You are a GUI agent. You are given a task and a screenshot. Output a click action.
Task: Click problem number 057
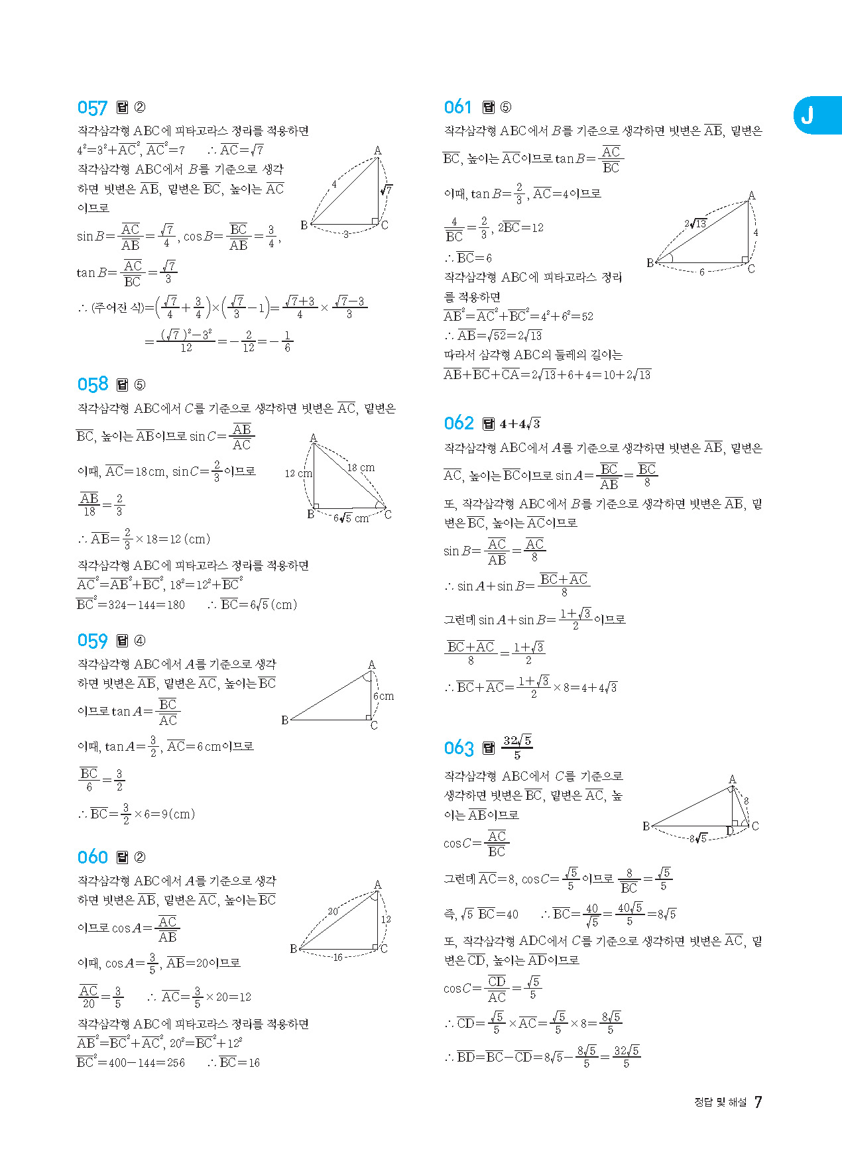92,108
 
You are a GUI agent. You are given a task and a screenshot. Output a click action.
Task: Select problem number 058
92,384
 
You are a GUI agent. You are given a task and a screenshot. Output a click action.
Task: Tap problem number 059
92,641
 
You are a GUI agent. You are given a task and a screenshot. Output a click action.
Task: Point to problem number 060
92,857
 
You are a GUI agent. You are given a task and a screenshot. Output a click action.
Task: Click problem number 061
458,107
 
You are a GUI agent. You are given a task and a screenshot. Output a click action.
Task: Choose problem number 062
459,423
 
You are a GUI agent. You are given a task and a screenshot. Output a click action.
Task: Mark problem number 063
459,748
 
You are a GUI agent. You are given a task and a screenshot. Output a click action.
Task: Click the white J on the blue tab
807,116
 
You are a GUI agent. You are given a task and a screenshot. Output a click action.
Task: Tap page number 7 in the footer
758,1102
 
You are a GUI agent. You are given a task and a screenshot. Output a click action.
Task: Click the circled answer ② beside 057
140,107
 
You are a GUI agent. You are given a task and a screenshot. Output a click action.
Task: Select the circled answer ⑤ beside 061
506,107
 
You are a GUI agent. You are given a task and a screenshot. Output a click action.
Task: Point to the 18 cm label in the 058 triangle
361,467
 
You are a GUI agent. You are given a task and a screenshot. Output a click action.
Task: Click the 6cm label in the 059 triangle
383,696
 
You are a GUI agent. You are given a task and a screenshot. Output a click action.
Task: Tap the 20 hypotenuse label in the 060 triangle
333,911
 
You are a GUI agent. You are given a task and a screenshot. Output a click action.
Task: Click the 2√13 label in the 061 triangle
695,223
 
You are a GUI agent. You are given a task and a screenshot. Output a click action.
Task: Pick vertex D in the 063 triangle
730,831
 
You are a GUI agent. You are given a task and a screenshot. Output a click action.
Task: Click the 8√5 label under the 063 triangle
698,838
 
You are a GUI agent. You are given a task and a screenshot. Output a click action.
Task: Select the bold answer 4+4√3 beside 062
520,423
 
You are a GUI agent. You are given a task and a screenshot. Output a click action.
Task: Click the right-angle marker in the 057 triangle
375,221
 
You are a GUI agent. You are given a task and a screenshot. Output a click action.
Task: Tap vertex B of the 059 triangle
284,720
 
